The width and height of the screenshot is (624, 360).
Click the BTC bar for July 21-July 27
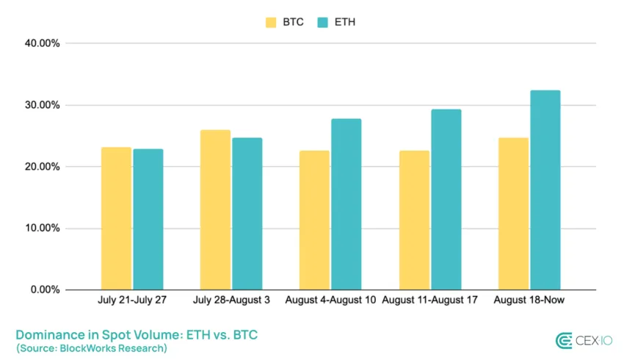116,218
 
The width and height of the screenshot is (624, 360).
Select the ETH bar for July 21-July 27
148,219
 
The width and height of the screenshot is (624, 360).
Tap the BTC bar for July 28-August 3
215,209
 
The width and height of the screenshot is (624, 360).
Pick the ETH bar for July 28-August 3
247,214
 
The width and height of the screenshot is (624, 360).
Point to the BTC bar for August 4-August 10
314,220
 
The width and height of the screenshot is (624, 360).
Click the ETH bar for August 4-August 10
346,204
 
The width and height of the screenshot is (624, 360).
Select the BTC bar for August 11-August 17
414,220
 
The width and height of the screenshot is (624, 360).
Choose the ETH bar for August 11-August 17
446,199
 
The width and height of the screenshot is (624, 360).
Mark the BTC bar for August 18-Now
513,214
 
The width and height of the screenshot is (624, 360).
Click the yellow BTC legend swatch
271,22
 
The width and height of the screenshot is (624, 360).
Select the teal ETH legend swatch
322,22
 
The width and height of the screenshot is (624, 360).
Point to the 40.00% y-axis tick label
42,43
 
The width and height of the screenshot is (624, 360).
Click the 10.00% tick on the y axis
42,228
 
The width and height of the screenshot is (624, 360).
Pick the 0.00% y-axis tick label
45,290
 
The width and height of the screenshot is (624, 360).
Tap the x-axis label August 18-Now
529,300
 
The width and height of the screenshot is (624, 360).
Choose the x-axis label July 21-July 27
132,300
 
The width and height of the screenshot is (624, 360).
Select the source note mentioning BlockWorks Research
91,348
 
